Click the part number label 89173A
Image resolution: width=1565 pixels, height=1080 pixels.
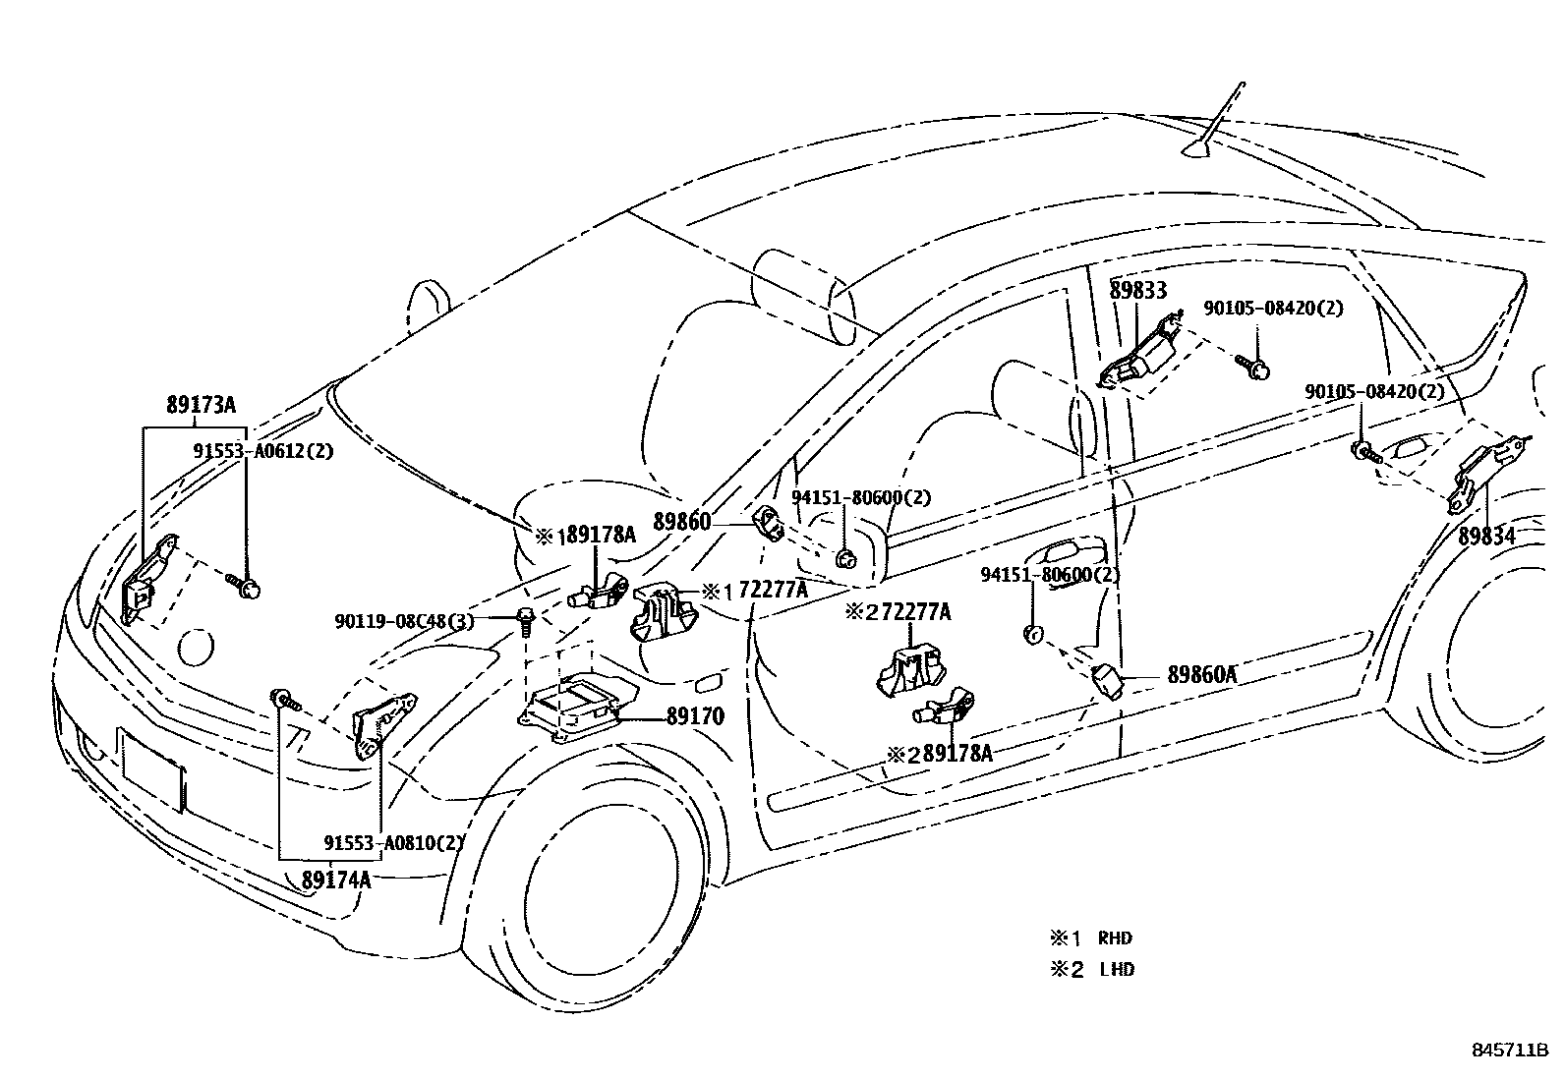click(201, 405)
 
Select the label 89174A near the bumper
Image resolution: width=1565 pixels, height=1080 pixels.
click(336, 880)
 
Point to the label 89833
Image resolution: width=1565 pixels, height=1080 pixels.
click(1138, 290)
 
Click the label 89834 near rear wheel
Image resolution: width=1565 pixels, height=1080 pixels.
click(1486, 538)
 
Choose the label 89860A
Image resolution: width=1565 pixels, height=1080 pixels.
click(1201, 675)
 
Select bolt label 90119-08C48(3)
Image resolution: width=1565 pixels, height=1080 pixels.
click(404, 621)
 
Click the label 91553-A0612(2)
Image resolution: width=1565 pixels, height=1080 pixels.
click(262, 451)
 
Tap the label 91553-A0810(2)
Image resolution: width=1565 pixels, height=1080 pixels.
click(394, 842)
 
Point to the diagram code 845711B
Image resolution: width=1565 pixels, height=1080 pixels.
click(1509, 1051)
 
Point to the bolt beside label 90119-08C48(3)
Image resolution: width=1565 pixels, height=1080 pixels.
click(527, 619)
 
